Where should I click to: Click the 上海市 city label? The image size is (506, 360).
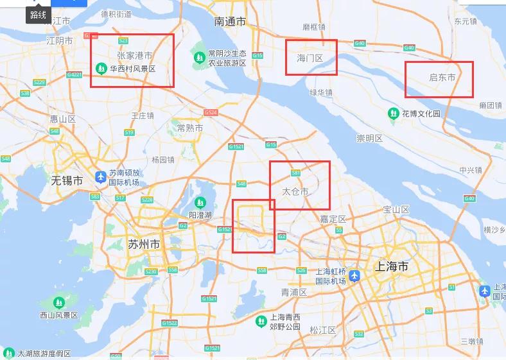391,266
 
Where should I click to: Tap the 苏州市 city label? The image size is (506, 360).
144,244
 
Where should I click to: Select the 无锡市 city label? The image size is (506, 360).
67,181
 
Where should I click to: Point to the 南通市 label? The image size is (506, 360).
231,22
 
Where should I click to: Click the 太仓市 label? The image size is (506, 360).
295,191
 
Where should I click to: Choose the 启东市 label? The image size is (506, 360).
442,78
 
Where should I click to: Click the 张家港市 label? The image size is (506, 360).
134,56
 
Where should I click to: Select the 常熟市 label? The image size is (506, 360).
190,128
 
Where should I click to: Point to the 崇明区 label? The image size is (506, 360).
370,138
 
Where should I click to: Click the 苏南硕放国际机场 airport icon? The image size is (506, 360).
100,176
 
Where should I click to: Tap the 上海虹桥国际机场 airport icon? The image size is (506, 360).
354,275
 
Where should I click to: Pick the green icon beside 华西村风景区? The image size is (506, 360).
101,68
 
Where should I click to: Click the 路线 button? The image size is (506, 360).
38,15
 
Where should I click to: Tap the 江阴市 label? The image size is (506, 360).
60,40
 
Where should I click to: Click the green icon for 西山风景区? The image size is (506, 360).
58,302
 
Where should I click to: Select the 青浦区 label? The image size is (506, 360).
294,292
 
